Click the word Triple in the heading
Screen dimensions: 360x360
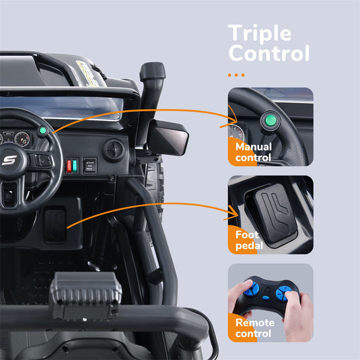(259, 33)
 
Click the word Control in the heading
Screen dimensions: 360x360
(268, 53)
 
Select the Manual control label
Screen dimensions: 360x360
(253, 152)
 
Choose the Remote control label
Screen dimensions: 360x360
(254, 328)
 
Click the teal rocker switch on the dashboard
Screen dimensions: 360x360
(75, 165)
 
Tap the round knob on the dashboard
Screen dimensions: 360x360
(114, 149)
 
